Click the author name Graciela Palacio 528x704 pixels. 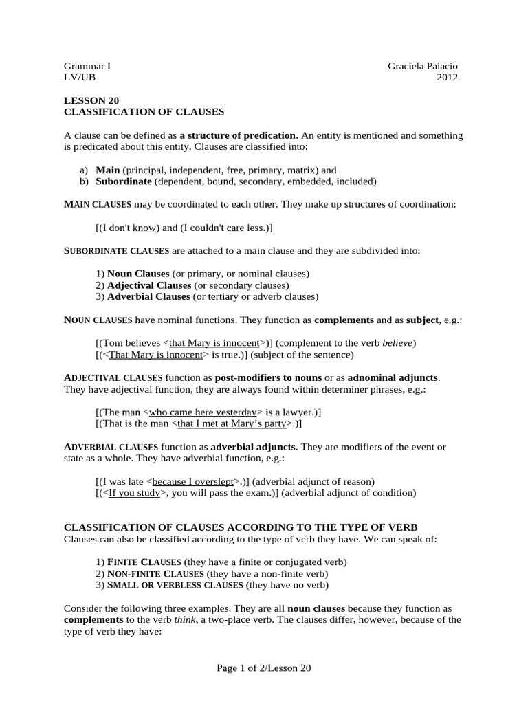coord(422,66)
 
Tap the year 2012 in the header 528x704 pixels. coord(447,77)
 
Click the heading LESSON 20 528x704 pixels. coord(86,100)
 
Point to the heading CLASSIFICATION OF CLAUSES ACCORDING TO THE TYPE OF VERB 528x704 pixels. coord(241,527)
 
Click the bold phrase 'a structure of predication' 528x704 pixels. coord(238,135)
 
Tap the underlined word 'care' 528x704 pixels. coord(235,228)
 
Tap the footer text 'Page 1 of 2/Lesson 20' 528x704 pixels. coord(264,668)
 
